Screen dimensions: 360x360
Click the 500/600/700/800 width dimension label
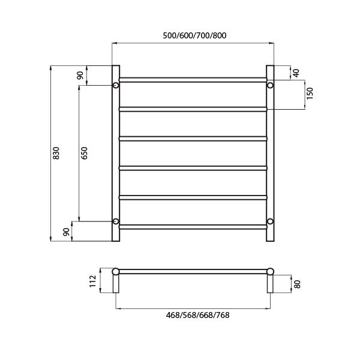(194, 35)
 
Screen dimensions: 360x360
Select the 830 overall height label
(56, 153)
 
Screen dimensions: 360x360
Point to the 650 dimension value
(85, 153)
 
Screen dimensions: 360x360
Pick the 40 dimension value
(296, 73)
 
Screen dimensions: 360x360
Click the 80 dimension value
(297, 284)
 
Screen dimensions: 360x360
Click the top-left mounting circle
(116, 85)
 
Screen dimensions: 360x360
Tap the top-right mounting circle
(270, 85)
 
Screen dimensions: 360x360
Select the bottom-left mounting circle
(116, 221)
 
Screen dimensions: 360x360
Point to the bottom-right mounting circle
(270, 221)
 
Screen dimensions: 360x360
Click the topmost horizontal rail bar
(193, 79)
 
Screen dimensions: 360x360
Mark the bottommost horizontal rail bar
(193, 227)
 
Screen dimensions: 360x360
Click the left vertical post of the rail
(116, 153)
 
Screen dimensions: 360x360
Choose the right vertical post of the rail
(270, 153)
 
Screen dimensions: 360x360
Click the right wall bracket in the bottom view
(271, 283)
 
